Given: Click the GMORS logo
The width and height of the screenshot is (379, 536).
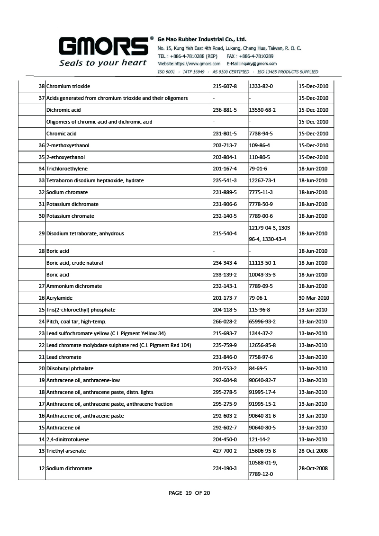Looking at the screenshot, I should pos(103,46).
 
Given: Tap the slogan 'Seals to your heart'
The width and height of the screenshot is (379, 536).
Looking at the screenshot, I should pos(103,63).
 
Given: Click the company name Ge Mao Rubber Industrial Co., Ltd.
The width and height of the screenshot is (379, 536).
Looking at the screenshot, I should pos(202,39).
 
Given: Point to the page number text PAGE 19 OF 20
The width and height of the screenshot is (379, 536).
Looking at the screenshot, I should pos(189,493).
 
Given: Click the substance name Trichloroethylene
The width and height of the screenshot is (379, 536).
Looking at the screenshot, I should pos(67,169).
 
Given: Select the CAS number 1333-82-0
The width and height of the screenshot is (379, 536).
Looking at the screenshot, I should pos(261,86).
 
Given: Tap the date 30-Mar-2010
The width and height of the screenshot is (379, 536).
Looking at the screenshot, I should pos(314,298).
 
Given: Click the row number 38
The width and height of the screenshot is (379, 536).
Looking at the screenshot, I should pos(41,86).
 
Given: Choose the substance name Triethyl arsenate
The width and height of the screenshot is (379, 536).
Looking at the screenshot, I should pos(66,451).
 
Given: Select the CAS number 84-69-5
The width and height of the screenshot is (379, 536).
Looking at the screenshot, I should pos(258,368).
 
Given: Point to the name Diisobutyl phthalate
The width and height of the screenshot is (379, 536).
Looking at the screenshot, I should pos(70,368).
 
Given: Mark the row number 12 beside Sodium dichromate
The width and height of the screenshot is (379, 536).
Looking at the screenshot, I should pos(41,468).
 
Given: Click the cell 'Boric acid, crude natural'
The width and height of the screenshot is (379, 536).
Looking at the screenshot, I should pos(74,263).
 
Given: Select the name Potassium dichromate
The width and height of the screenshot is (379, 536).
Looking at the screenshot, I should pos(72,204).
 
